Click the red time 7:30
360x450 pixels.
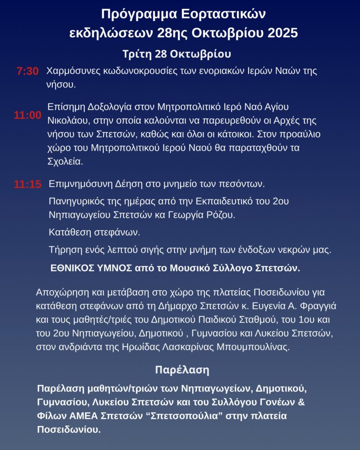pos(27,71)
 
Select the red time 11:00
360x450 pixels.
pos(27,116)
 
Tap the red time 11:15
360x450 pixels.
pos(27,185)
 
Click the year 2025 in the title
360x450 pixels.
pos(280,33)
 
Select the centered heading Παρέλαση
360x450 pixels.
pos(182,370)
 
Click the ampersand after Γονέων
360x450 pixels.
pos(302,402)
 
